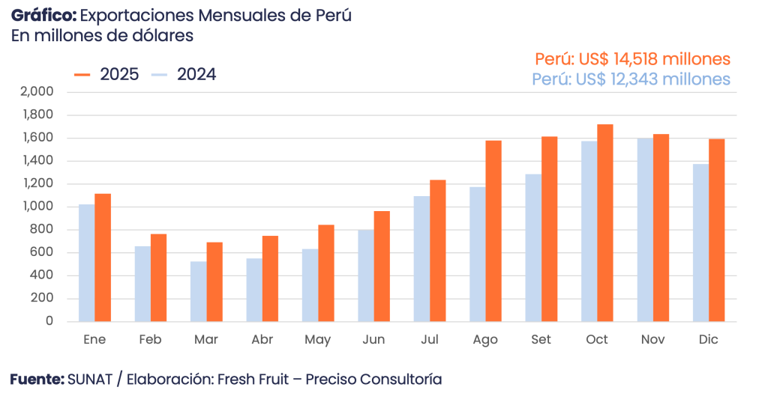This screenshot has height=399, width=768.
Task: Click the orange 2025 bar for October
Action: point(605,222)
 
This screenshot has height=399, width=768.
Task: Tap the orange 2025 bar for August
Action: point(493,231)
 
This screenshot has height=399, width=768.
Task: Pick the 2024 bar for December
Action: point(700,242)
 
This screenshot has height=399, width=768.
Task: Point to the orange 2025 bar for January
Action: point(103,257)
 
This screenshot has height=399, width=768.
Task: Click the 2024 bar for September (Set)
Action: point(532,247)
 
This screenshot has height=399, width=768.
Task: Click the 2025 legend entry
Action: point(106,74)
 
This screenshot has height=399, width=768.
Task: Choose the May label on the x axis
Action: point(318,340)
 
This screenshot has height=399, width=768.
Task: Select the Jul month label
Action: point(430,340)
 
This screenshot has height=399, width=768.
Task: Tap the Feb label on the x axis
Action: point(150,340)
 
